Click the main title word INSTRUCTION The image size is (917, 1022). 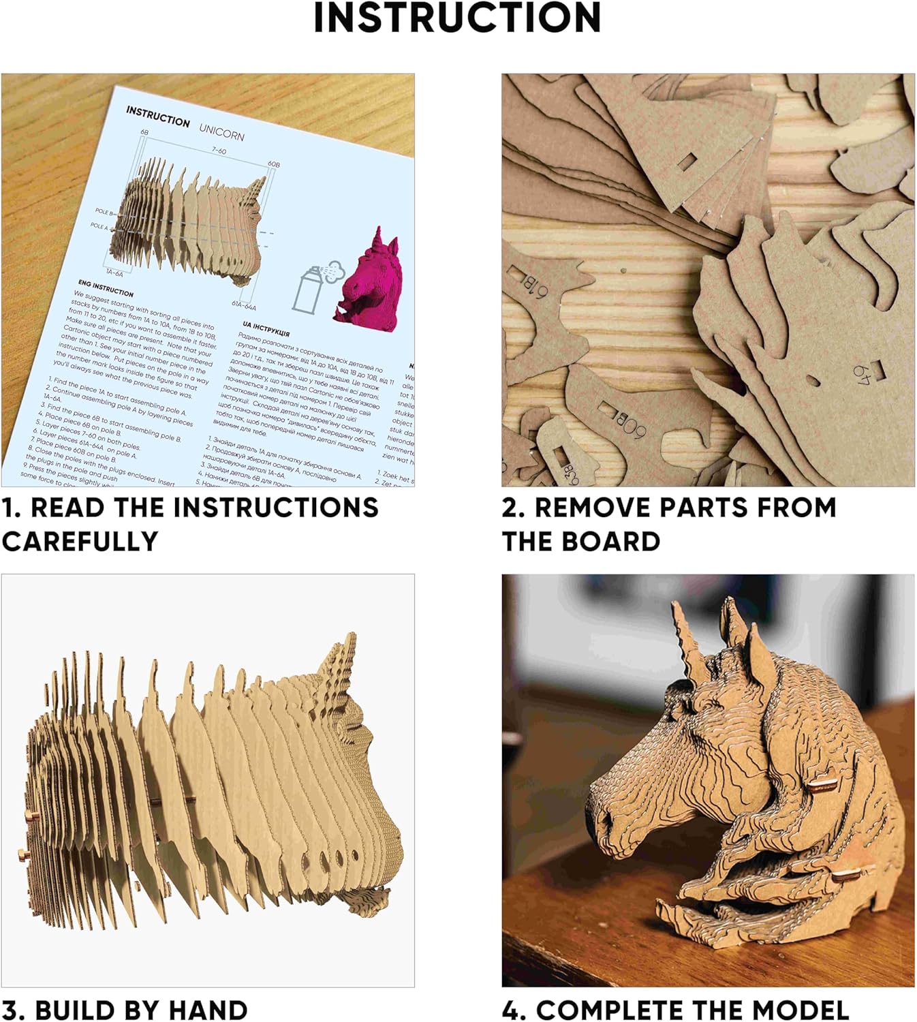pyautogui.click(x=457, y=18)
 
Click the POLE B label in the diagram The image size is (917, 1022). pyautogui.click(x=104, y=213)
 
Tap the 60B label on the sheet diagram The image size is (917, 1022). pyautogui.click(x=273, y=164)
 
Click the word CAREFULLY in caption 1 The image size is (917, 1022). pyautogui.click(x=80, y=542)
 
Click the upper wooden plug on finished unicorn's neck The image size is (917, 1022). pyautogui.click(x=823, y=784)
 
